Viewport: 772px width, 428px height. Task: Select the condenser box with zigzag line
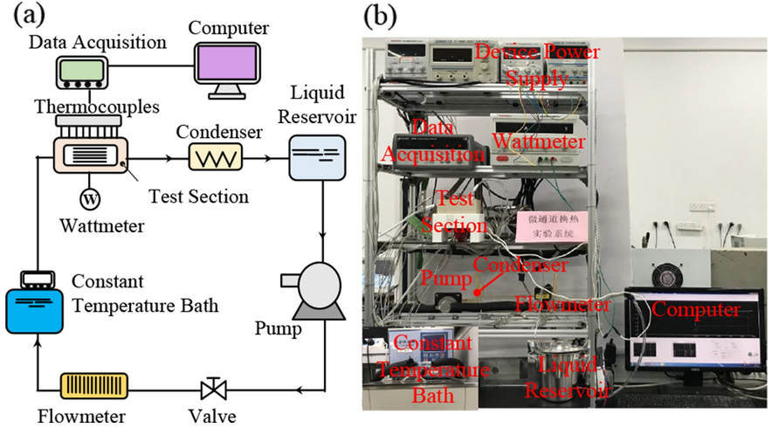(x=215, y=158)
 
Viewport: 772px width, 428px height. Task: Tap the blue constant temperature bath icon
(x=35, y=307)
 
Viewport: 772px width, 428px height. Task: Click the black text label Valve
(x=213, y=416)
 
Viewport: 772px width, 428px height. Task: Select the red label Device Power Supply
(x=562, y=66)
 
